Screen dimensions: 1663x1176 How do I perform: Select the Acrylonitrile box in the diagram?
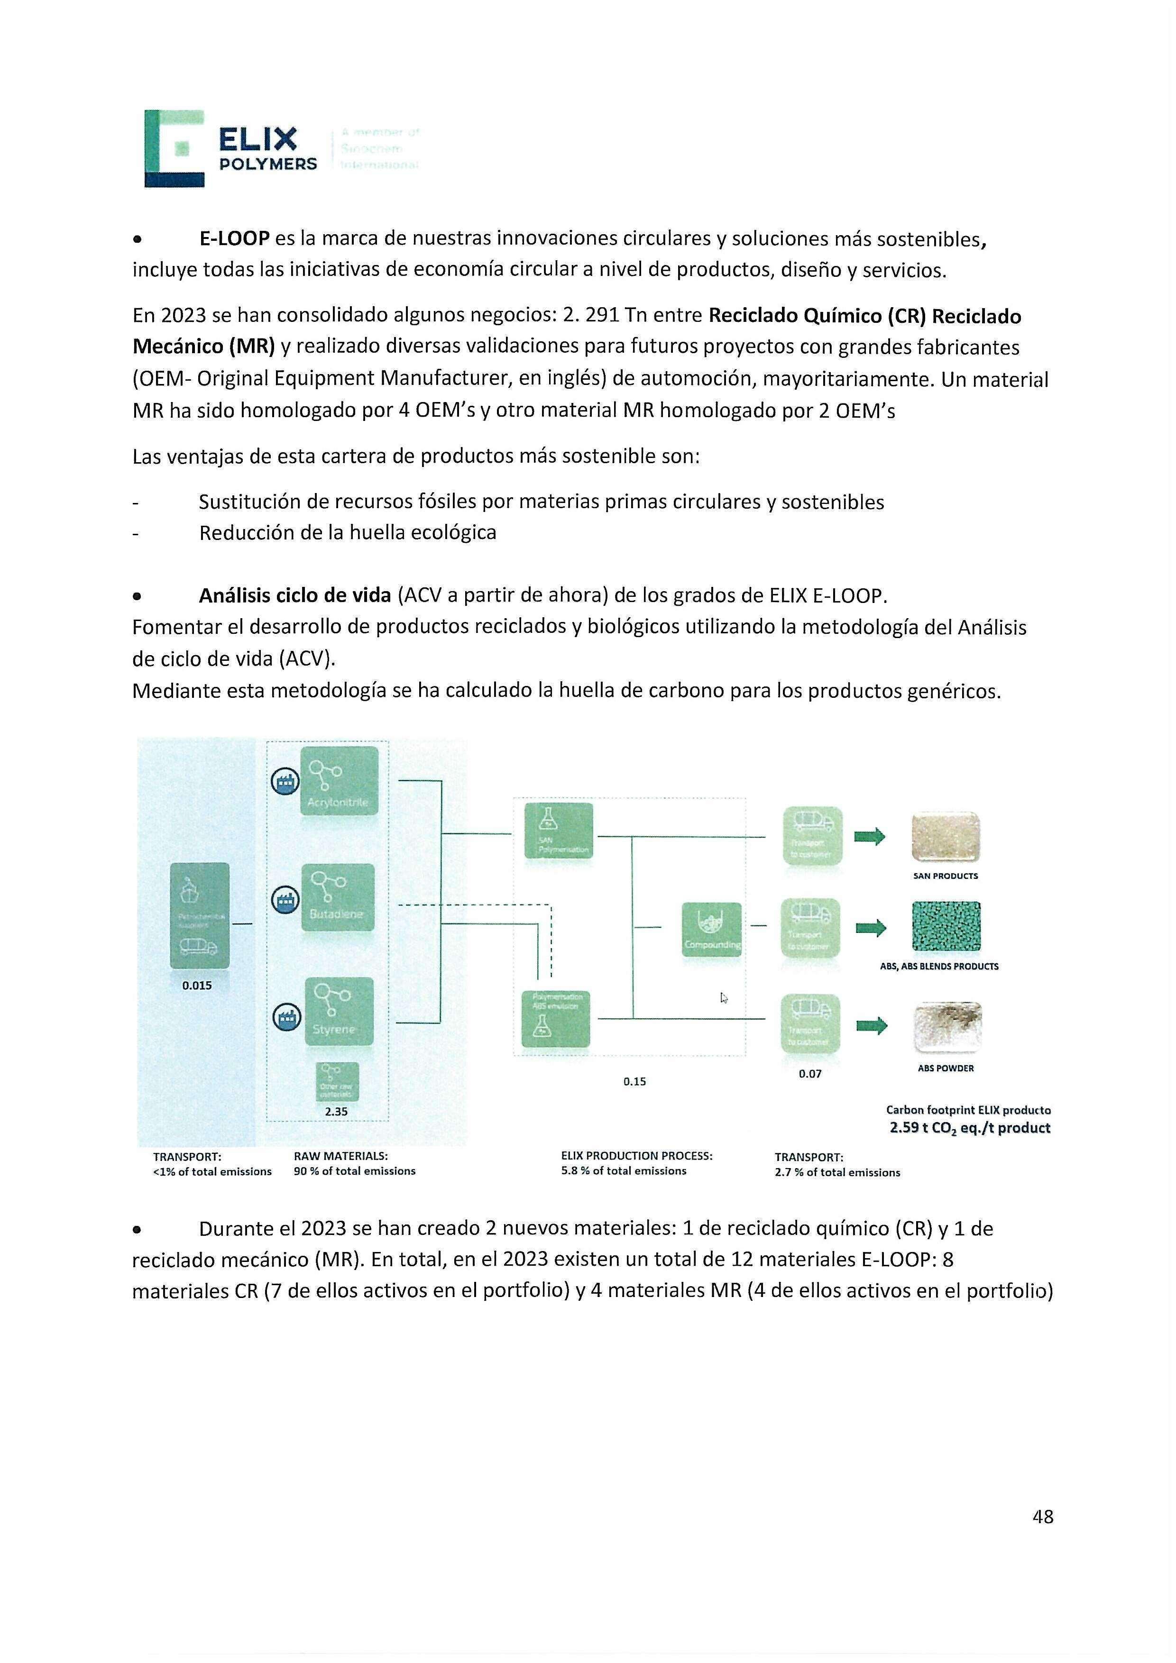coord(339,781)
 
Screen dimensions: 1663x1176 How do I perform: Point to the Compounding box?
coord(712,929)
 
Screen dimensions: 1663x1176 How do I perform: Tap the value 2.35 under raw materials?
coord(335,1111)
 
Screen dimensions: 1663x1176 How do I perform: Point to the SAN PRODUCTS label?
coord(945,876)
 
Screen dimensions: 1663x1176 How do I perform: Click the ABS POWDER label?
coord(945,1068)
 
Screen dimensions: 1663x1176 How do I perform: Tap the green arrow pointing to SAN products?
coord(870,837)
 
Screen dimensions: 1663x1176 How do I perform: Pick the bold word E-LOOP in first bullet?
coord(234,238)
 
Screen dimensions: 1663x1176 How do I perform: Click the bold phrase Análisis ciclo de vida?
coord(295,595)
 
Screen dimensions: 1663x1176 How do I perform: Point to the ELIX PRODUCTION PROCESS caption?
coord(636,1155)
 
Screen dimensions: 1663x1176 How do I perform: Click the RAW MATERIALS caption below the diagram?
coord(340,1156)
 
